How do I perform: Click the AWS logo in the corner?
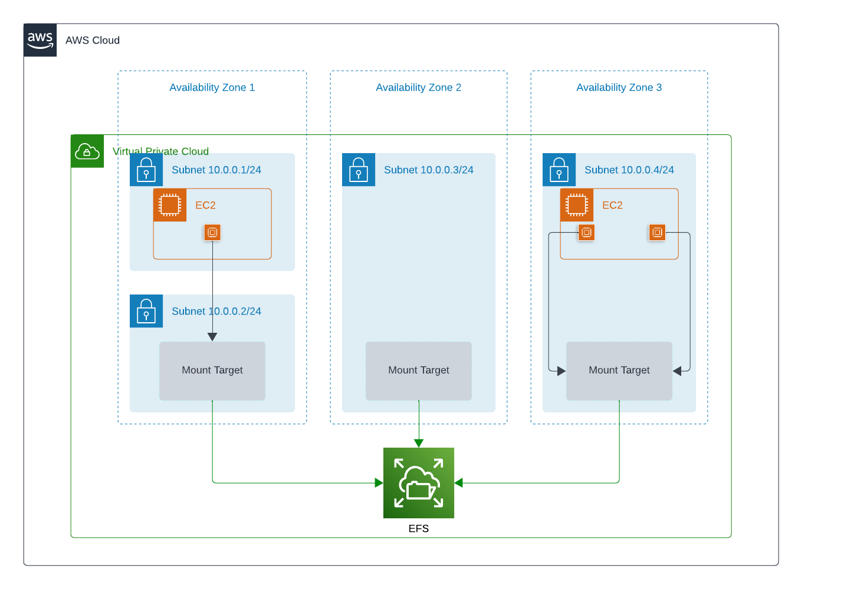tap(40, 40)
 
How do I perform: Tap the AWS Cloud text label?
tap(93, 41)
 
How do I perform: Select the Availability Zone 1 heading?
tap(212, 88)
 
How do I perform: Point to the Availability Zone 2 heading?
tap(418, 88)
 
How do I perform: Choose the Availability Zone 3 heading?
tap(619, 88)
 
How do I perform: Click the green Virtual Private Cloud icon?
tap(87, 151)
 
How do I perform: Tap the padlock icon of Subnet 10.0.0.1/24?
tap(146, 170)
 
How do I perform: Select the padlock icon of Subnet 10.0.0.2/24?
tap(146, 311)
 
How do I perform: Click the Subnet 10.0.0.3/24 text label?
tap(429, 170)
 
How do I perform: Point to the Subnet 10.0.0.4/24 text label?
tap(629, 170)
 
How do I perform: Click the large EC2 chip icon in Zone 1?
tap(170, 205)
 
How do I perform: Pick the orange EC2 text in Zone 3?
tap(612, 206)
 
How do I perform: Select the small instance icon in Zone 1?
tap(212, 233)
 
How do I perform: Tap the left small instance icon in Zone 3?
tap(586, 233)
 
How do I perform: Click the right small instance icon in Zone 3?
tap(657, 233)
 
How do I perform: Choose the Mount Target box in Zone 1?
tap(212, 370)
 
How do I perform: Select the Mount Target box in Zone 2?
tap(419, 370)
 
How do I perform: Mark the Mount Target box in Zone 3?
tap(619, 370)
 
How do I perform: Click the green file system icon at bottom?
tap(419, 483)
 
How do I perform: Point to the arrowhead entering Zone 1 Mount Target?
tap(212, 337)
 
